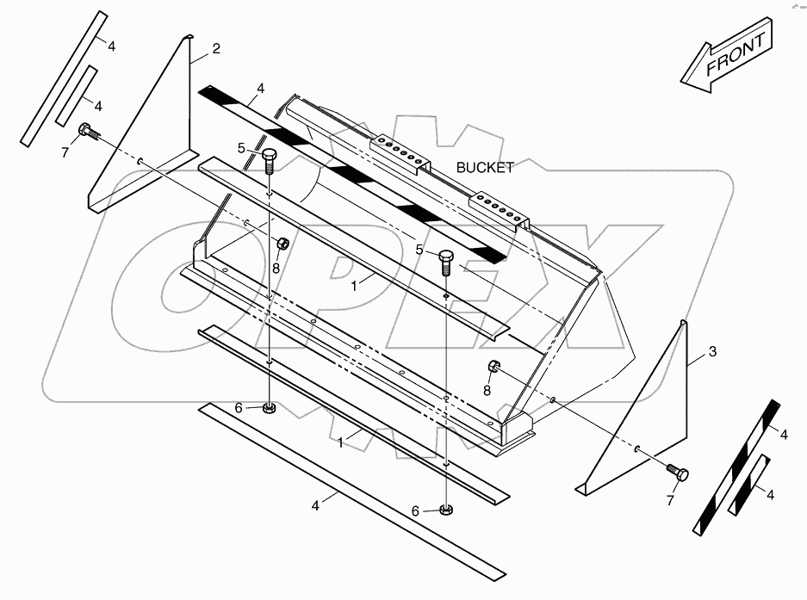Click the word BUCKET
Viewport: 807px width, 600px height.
coord(486,168)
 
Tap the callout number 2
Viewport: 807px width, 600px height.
coord(215,49)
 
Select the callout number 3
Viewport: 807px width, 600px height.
coord(712,351)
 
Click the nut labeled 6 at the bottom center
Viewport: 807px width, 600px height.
coord(445,510)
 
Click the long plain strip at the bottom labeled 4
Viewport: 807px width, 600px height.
coord(345,491)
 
